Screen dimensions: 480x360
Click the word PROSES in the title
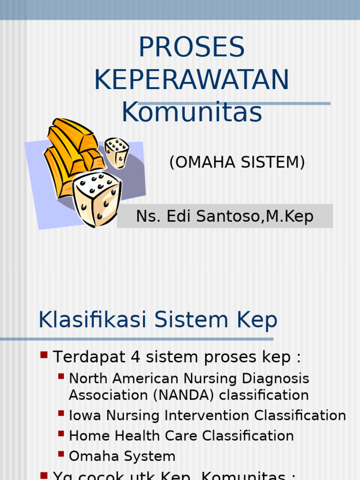192,47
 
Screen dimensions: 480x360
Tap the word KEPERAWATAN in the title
192,80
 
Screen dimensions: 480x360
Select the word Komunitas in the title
192,112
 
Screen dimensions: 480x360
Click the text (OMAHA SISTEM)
237,162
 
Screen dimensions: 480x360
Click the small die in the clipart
117,152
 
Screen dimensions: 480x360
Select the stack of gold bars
73,150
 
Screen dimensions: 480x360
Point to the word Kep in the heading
258,321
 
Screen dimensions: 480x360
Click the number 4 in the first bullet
135,357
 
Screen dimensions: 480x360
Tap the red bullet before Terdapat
44,355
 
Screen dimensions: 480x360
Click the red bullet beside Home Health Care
61,434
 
